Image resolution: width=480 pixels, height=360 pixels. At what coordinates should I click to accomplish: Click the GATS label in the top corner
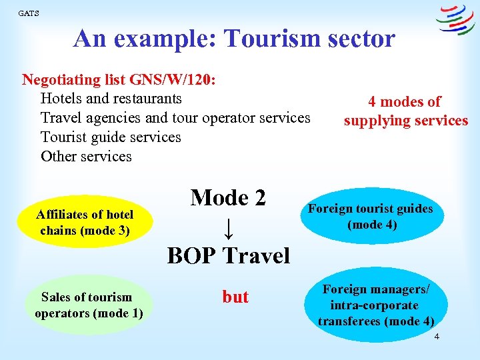pos(29,13)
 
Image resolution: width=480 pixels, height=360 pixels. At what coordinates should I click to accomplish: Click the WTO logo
pos(455,19)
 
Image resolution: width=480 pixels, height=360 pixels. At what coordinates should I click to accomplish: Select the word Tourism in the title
pos(267,39)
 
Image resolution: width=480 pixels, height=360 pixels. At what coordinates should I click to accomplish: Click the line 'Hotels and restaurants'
pos(111,99)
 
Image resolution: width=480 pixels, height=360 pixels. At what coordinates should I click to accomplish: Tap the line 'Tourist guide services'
pos(111,137)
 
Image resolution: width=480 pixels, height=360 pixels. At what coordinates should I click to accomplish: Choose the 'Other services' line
pos(86,157)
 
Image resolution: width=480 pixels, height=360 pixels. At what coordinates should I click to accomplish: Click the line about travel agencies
pos(175,118)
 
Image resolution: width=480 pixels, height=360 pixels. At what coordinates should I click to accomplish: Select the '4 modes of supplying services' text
pos(405,111)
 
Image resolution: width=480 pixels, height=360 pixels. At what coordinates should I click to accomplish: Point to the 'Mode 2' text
pos(228,197)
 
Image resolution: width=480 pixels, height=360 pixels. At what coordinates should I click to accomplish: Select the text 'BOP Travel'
pos(228,255)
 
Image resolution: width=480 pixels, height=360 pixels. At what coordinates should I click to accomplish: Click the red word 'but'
pos(235,297)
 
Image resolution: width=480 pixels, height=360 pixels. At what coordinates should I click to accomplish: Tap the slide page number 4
pos(437,337)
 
